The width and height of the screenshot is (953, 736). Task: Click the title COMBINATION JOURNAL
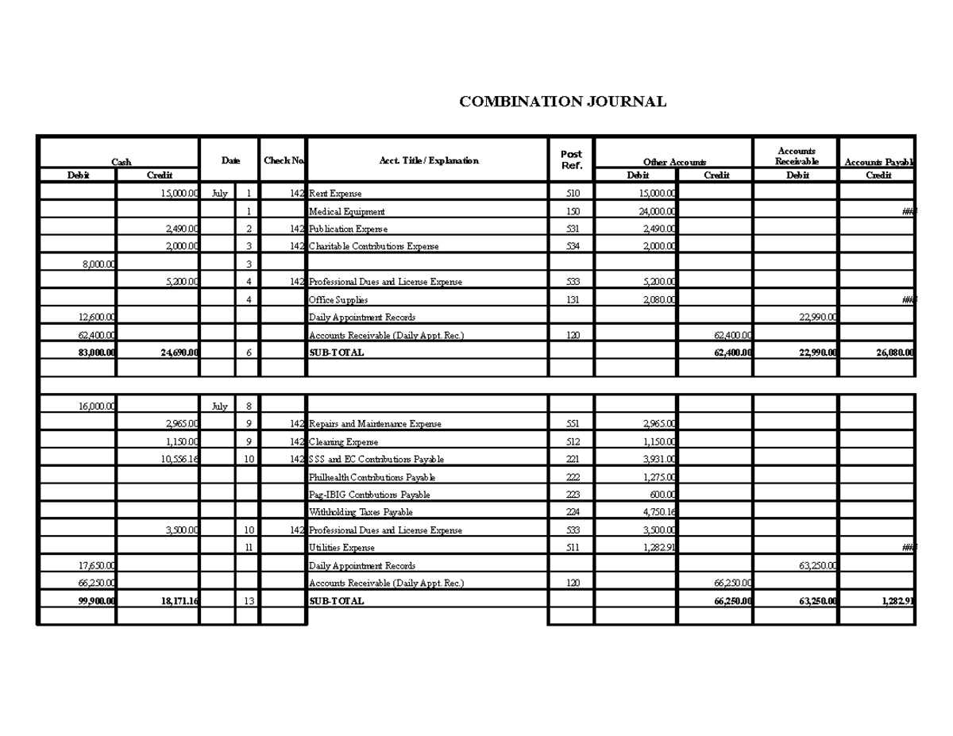coord(562,102)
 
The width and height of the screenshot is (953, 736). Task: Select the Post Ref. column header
coord(571,160)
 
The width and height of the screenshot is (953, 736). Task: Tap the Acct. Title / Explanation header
coord(429,160)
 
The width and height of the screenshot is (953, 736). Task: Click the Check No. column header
coord(284,160)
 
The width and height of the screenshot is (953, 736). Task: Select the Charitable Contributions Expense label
coord(373,246)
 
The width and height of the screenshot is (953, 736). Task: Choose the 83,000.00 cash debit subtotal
coord(97,353)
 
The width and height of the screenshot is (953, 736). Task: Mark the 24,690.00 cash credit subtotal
coord(179,353)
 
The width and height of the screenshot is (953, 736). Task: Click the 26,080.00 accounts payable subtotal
coord(895,353)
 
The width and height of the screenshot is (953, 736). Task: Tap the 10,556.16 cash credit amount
coord(180,460)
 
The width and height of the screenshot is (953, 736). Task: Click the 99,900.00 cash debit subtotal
coord(97,601)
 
